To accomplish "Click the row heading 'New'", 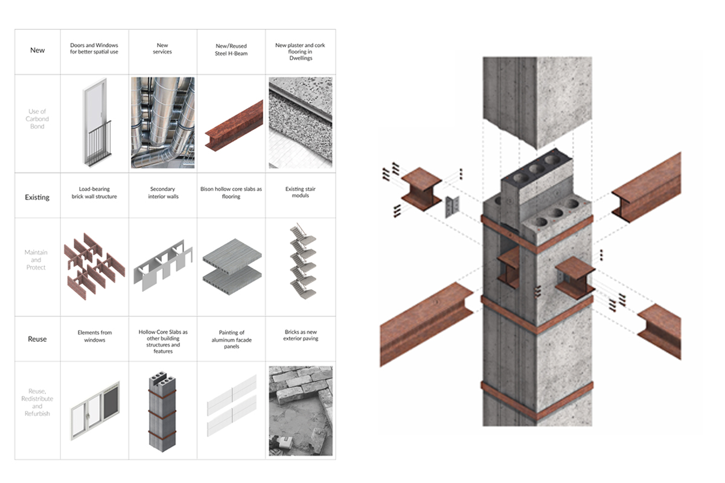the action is click(37, 50).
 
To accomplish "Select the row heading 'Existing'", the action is click(37, 197).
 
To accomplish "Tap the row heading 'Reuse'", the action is click(37, 339).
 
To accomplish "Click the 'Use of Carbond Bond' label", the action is click(37, 119).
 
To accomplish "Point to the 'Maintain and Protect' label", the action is click(36, 260).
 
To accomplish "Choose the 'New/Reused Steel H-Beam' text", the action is click(231, 50).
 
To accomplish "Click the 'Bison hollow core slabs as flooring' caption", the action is click(231, 193).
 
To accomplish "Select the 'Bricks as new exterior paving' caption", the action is click(301, 335).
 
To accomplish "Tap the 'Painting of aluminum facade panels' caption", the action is click(231, 339).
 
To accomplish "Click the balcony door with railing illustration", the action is click(96, 122).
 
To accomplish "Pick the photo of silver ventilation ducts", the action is click(163, 123).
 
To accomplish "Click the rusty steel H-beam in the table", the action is click(234, 126).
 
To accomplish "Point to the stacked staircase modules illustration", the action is click(303, 261).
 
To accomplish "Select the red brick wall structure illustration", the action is click(94, 266).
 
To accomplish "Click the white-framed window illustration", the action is click(95, 411).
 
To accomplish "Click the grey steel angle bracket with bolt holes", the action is click(453, 206).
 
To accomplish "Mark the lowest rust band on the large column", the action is click(537, 401).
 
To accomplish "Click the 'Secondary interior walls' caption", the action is click(163, 193).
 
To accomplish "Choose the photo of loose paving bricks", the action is click(301, 411).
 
